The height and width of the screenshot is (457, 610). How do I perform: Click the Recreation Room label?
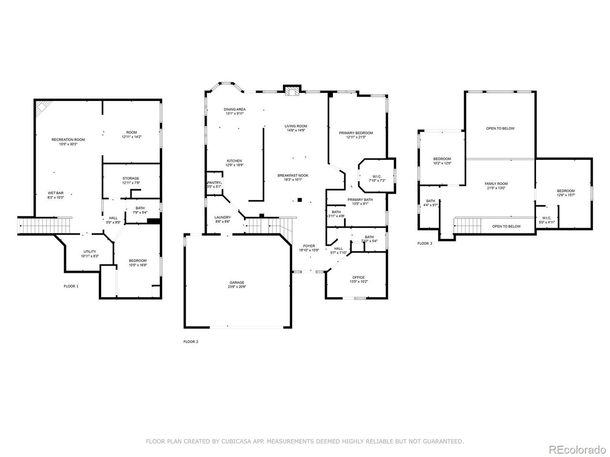(68, 139)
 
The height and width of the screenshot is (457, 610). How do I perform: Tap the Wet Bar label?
(55, 193)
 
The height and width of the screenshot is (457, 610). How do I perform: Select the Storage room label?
(131, 179)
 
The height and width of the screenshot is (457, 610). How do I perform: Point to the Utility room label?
(90, 252)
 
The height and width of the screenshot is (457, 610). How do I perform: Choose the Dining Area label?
(234, 109)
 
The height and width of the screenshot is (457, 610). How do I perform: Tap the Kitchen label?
(234, 161)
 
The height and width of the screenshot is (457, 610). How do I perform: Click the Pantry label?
(214, 183)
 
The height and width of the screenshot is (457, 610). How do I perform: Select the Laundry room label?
(223, 218)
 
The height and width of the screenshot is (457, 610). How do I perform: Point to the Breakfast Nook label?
(293, 176)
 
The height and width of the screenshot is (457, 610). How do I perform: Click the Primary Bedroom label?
(356, 133)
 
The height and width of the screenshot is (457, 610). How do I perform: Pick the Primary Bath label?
(360, 200)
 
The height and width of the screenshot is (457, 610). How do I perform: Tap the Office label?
(358, 278)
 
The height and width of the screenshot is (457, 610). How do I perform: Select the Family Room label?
(496, 184)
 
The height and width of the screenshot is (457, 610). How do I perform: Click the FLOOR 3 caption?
(425, 243)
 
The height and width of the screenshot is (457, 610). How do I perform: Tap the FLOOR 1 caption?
(71, 286)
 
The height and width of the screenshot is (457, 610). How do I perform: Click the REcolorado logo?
(577, 437)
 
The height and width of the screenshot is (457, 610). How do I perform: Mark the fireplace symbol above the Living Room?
(291, 90)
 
